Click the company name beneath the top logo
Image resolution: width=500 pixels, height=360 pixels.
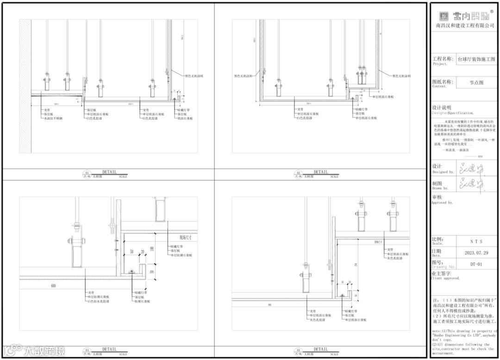465,26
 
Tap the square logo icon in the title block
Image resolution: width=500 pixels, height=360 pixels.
444,16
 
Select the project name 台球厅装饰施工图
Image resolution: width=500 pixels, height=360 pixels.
476,59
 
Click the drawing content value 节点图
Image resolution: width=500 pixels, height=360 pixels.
476,82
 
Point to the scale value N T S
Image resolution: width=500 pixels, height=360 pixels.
476,242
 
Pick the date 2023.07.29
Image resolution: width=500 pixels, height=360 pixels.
476,253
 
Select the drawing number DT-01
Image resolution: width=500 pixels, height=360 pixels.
476,265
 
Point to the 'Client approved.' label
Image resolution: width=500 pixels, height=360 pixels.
445,278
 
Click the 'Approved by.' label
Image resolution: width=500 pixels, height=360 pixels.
442,203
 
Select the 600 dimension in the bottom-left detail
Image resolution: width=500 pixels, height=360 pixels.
54,286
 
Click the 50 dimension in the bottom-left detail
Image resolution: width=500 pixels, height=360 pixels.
132,252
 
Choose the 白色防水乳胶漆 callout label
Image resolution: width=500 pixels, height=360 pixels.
98,301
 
